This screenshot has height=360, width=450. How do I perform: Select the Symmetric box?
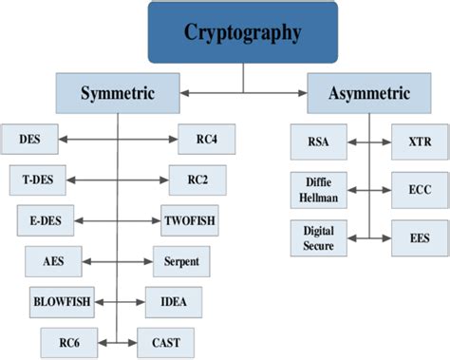coord(118,94)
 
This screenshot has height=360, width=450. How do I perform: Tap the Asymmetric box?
coord(369,94)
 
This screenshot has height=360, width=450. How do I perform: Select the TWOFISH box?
coord(190,219)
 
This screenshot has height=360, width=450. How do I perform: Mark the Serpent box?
coord(181,259)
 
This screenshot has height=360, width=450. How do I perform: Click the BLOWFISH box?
coord(63,300)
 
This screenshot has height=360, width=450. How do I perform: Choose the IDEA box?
coord(174,300)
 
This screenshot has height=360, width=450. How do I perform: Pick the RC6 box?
coord(68,340)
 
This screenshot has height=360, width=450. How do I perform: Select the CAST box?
coord(165,340)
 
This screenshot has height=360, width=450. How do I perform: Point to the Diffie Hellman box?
coord(313,189)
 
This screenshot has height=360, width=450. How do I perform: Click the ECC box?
coord(420,189)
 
